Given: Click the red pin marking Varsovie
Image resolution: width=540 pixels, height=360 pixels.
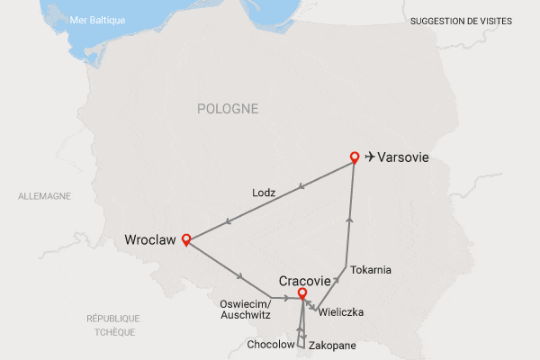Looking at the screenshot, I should pyautogui.click(x=355, y=157).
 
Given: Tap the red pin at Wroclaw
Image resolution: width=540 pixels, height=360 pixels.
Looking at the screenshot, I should pyautogui.click(x=186, y=238).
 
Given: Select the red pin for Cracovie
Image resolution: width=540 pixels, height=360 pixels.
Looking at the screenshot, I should pyautogui.click(x=302, y=292).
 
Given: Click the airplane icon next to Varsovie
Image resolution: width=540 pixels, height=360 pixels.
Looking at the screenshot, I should pyautogui.click(x=370, y=157).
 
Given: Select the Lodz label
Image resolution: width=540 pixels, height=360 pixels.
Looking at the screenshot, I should pyautogui.click(x=263, y=193).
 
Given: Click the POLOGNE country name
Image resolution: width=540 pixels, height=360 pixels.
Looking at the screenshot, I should pyautogui.click(x=228, y=109).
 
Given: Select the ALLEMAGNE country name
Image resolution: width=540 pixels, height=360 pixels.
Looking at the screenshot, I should pyautogui.click(x=44, y=195).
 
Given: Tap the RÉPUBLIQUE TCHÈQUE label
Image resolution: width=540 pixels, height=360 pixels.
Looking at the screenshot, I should pyautogui.click(x=113, y=325).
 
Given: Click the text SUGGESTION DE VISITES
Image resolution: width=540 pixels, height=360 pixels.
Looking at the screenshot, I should pyautogui.click(x=461, y=20).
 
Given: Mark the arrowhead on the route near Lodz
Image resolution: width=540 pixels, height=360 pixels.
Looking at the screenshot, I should pyautogui.click(x=301, y=187).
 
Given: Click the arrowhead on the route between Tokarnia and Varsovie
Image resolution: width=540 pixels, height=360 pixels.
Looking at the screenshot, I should pyautogui.click(x=349, y=219).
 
